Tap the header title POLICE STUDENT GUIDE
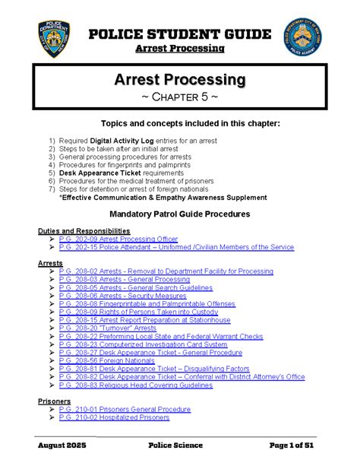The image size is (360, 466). click(180, 34)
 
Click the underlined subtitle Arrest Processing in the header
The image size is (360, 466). click(180, 49)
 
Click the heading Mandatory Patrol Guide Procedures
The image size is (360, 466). click(180, 214)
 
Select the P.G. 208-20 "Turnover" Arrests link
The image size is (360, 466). click(108, 329)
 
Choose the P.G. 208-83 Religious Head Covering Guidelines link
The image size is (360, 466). click(135, 385)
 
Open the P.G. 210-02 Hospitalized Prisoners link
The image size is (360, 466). click(114, 417)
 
